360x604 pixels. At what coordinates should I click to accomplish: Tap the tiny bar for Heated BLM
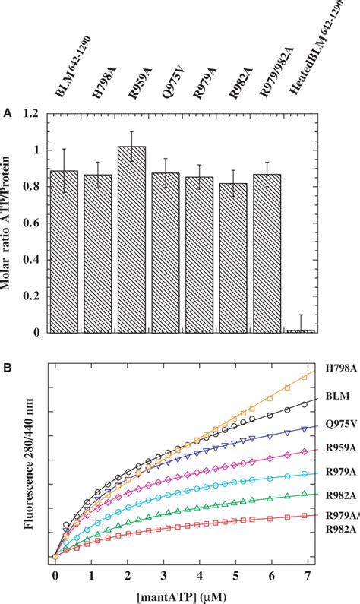pos(300,330)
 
